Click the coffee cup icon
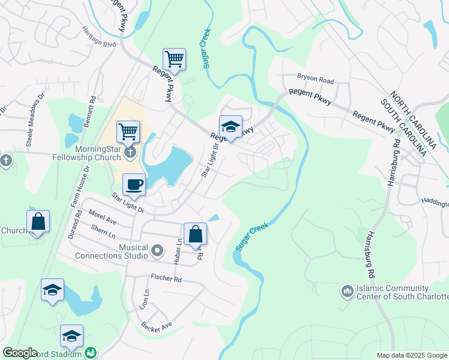point(134,184)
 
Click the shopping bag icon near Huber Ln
point(196,233)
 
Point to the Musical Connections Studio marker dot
point(157,249)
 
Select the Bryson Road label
point(315,79)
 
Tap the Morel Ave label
point(102,217)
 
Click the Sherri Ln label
point(103,232)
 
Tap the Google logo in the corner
point(20,353)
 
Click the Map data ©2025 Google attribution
point(412,355)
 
